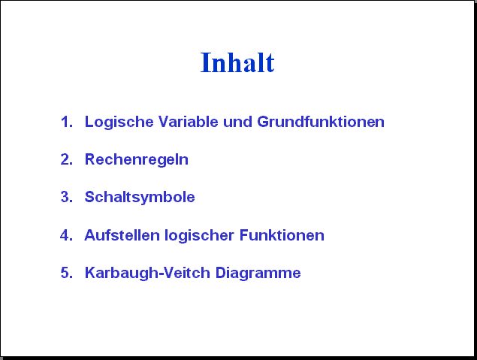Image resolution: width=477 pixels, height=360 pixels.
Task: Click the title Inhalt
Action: (x=237, y=62)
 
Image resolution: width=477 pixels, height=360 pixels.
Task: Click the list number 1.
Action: (x=67, y=122)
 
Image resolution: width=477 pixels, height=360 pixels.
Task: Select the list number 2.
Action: (x=67, y=159)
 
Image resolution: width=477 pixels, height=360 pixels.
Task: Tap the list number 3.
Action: (x=67, y=197)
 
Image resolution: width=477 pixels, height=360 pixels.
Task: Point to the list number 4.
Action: (x=66, y=235)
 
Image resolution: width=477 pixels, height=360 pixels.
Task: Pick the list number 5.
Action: (x=67, y=273)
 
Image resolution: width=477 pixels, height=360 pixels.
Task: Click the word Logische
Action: (x=119, y=123)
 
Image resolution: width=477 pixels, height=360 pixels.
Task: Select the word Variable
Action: (x=189, y=122)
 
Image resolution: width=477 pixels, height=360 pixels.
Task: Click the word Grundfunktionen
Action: (x=321, y=122)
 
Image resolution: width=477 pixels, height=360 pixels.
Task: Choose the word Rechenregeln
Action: (x=137, y=160)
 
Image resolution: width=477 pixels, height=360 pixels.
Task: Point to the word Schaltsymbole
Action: (x=140, y=198)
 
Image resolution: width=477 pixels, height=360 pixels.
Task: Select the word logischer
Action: (x=200, y=236)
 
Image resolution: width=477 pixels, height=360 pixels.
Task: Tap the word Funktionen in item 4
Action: (x=282, y=235)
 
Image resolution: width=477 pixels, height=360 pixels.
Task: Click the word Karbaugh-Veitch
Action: (x=147, y=274)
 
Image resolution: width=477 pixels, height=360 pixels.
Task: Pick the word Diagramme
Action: (x=258, y=274)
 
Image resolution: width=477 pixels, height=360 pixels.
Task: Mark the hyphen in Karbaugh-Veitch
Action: (x=162, y=274)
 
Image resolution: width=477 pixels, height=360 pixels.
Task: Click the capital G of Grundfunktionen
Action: (x=263, y=122)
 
